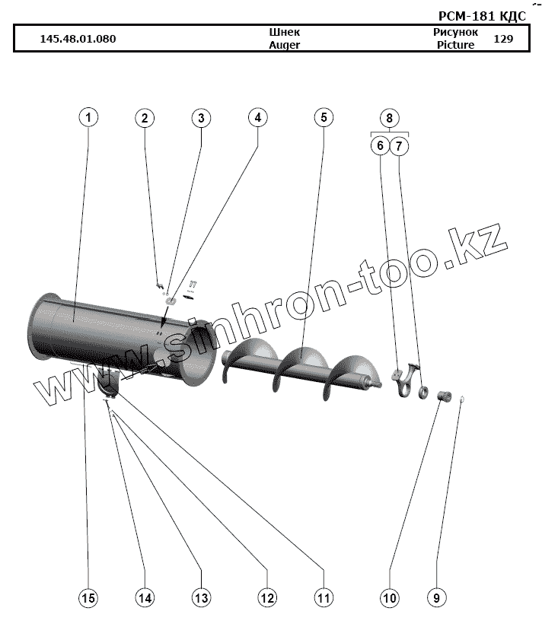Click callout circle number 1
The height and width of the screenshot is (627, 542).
[89, 118]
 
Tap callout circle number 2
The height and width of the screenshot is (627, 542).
[145, 118]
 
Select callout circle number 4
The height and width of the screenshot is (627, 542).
[258, 118]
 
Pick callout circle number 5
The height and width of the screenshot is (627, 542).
[324, 118]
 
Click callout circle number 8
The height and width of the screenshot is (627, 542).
[389, 119]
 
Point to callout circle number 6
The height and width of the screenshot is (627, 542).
[378, 145]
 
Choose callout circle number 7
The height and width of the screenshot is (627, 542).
[400, 145]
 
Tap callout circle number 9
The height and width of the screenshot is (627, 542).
[436, 598]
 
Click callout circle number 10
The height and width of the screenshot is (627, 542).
[389, 598]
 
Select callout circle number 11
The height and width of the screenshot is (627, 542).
[324, 598]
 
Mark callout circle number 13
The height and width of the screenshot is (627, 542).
[201, 598]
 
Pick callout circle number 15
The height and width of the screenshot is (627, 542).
[89, 598]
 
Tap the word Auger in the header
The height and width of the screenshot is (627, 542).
[285, 45]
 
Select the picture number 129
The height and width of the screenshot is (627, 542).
[504, 39]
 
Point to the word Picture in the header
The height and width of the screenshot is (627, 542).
[455, 45]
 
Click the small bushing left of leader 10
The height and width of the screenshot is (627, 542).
[442, 394]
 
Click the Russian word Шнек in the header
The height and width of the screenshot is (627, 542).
[285, 33]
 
